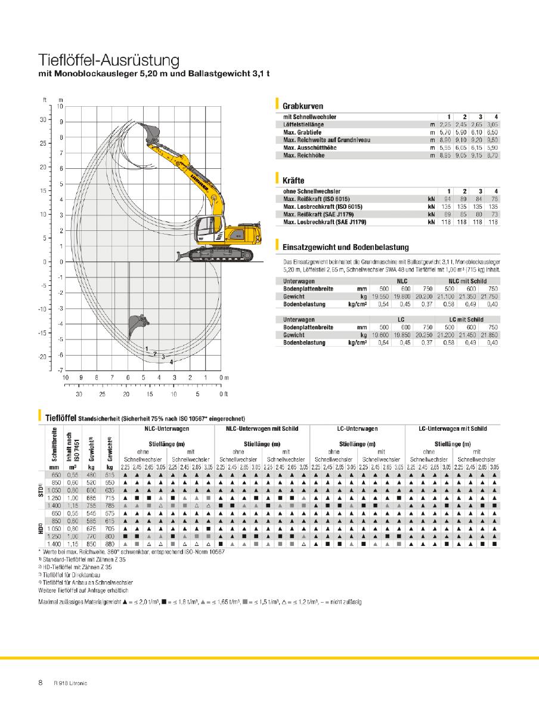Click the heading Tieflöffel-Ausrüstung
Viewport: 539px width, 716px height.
pos(109,60)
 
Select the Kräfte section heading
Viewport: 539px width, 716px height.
pos(294,179)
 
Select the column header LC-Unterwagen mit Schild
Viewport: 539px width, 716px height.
pos(453,428)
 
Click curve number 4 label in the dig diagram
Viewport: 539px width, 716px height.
pos(171,362)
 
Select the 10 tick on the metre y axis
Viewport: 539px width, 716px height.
pos(60,106)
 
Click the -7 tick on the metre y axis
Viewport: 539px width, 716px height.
pos(60,371)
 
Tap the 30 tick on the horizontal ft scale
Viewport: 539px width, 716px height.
pos(79,394)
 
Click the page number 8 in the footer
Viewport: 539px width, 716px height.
pos(41,683)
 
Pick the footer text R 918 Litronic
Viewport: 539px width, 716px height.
pos(70,683)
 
